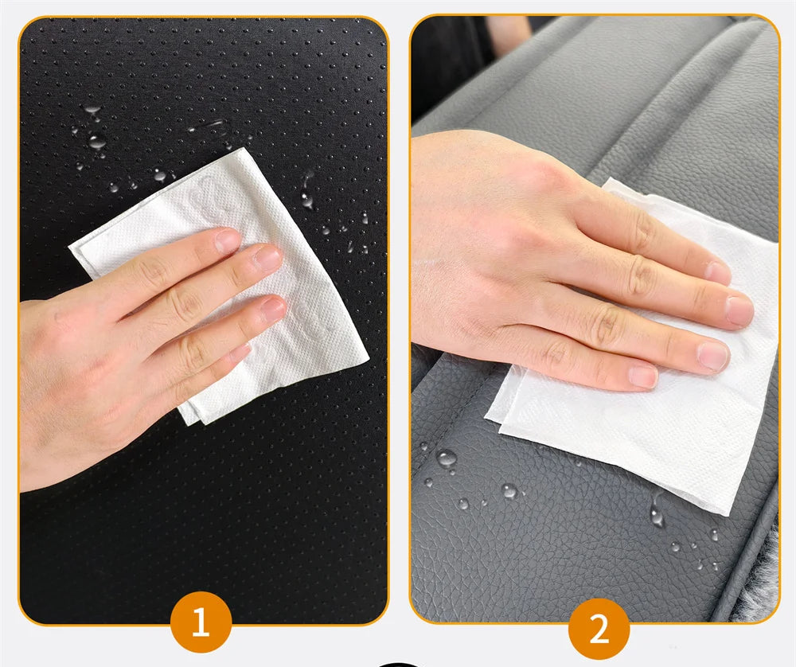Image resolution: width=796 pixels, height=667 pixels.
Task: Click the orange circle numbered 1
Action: pyautogui.click(x=201, y=622)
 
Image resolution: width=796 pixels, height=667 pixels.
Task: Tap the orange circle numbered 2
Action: pyautogui.click(x=599, y=629)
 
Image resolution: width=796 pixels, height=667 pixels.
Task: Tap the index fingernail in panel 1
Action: pyautogui.click(x=228, y=240)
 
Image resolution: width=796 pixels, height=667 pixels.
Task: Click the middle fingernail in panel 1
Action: pyautogui.click(x=268, y=258)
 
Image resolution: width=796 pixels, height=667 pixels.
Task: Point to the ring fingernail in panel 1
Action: pyautogui.click(x=274, y=309)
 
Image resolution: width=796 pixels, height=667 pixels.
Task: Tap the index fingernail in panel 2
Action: pyautogui.click(x=718, y=273)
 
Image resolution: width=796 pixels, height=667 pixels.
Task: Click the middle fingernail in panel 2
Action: pyautogui.click(x=739, y=311)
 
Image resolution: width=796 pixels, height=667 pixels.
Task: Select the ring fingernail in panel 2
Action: pyautogui.click(x=713, y=356)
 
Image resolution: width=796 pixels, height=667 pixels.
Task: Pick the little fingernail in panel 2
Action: pyautogui.click(x=643, y=376)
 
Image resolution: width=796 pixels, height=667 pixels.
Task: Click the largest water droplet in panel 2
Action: pyautogui.click(x=447, y=458)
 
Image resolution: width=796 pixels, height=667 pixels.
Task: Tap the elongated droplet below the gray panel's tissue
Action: pyautogui.click(x=657, y=512)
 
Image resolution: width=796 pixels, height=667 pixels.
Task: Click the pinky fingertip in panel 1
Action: pyautogui.click(x=242, y=353)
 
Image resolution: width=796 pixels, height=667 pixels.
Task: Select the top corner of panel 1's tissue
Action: pyautogui.click(x=244, y=149)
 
